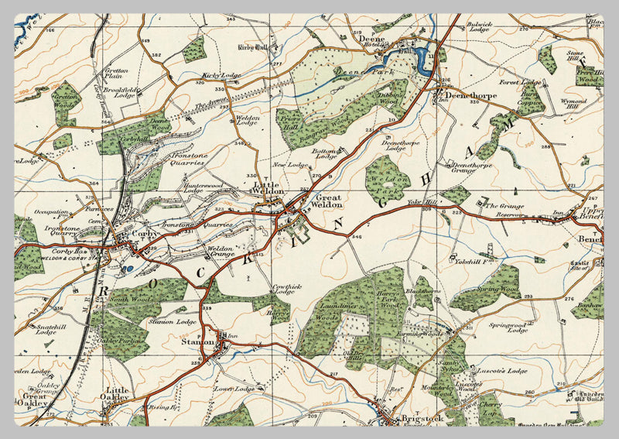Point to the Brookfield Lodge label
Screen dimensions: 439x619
pos(124,92)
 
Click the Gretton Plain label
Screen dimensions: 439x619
pos(115,73)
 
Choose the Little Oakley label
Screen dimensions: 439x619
pos(118,394)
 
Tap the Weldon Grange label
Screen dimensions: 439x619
pos(221,252)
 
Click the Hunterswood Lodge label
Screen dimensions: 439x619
pos(203,190)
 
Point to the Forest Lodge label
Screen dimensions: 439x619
pos(519,82)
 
